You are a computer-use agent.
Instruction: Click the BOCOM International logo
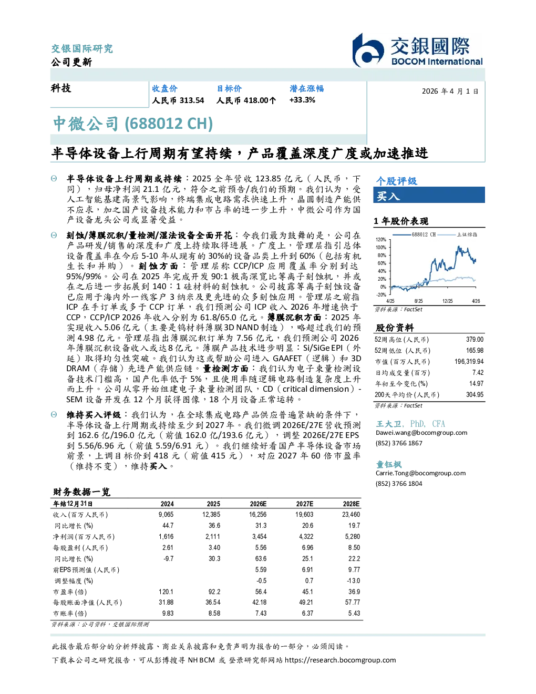point(417,50)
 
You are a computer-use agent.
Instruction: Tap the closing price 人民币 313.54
point(178,100)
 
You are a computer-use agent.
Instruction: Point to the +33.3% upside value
point(302,100)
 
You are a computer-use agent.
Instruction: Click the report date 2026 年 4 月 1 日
point(450,91)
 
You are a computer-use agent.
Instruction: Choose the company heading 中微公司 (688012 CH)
point(133,124)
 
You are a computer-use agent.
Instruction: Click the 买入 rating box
point(429,195)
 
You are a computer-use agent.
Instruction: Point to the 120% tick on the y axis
point(381,240)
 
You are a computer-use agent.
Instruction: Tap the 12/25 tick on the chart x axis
point(447,301)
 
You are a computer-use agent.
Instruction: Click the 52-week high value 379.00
point(475,339)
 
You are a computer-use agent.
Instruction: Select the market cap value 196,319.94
point(469,362)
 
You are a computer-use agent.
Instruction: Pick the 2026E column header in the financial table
point(258,504)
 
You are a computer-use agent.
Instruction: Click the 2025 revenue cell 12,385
point(211,515)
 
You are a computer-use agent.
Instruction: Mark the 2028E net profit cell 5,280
point(352,537)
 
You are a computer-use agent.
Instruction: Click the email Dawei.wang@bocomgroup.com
point(421,433)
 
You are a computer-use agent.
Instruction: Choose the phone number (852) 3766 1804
point(399,484)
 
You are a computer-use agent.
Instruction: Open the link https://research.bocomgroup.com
point(340,660)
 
